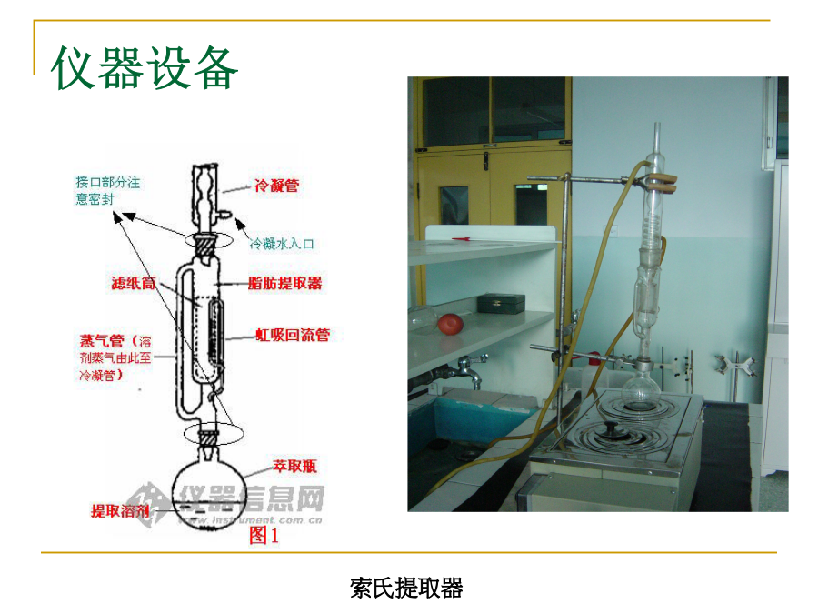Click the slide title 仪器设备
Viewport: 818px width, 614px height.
pyautogui.click(x=145, y=69)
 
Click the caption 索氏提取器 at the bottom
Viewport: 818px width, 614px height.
pyautogui.click(x=406, y=589)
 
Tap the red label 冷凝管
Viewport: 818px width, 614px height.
pyautogui.click(x=276, y=186)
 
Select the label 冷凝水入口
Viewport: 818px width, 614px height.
pyautogui.click(x=282, y=243)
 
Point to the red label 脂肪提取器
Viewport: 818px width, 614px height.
pyautogui.click(x=285, y=283)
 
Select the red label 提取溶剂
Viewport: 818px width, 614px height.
pyautogui.click(x=120, y=510)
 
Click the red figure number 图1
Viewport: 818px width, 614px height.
pyautogui.click(x=264, y=537)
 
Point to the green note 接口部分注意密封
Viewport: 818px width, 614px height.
pyautogui.click(x=108, y=190)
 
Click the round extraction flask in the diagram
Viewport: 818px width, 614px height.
pyautogui.click(x=209, y=491)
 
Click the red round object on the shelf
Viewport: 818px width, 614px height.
pyautogui.click(x=449, y=323)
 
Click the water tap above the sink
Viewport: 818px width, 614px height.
pyautogui.click(x=467, y=370)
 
